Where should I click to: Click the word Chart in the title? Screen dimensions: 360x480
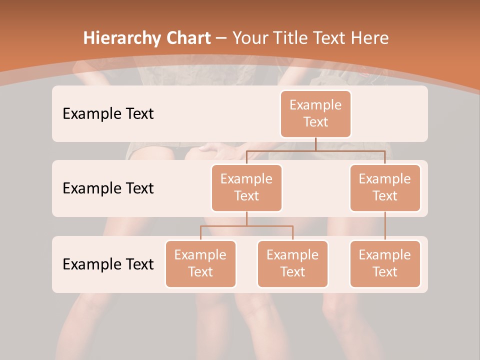pos(187,38)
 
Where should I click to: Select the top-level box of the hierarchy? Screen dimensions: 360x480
pos(315,113)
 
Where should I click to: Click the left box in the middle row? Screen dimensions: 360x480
pos(246,187)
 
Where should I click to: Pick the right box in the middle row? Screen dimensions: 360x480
pos(385,187)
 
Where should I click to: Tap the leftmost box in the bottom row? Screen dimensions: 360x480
pos(200,263)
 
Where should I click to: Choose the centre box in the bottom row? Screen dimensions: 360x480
pos(292,263)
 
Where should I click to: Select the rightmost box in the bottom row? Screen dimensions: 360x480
pos(385,263)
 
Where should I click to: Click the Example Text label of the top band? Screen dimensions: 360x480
pos(108,114)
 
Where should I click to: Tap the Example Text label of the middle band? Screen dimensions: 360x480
pos(108,188)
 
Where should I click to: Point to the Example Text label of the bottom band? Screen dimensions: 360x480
pos(108,264)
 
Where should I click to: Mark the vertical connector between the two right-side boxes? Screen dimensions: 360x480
pos(385,225)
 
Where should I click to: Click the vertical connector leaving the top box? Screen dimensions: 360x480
pos(315,143)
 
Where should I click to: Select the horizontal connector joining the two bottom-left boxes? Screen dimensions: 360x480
pos(246,226)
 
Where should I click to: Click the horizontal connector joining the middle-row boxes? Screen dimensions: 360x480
pos(315,150)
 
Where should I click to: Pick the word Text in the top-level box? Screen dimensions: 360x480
pos(315,122)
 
